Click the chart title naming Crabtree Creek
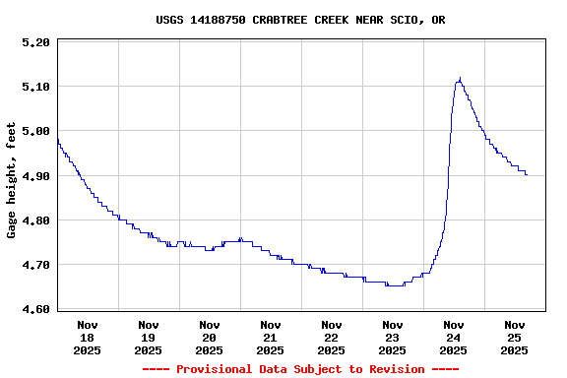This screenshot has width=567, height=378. [x=300, y=20]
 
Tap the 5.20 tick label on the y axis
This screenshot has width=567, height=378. [x=34, y=42]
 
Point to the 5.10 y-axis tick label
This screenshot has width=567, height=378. [x=34, y=87]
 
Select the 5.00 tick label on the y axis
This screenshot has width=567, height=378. [x=34, y=131]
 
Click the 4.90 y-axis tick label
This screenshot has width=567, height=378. [x=34, y=176]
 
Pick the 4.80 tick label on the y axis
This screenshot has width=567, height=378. [x=34, y=220]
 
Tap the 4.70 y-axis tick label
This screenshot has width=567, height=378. [x=34, y=265]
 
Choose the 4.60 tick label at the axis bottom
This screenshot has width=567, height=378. [x=34, y=309]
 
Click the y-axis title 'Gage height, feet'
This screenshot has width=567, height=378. [x=12, y=180]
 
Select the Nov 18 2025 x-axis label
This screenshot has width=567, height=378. [x=88, y=337]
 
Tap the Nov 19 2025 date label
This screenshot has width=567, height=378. [x=149, y=337]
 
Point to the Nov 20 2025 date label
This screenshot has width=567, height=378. [x=210, y=337]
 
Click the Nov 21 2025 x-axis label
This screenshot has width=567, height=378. [x=271, y=337]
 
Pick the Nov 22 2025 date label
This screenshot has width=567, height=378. [x=332, y=337]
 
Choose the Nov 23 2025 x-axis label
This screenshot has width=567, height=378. [x=393, y=337]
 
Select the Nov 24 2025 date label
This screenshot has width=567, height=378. [x=454, y=337]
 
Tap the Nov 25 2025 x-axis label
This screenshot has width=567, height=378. [x=515, y=337]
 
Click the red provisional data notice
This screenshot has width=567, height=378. [x=300, y=369]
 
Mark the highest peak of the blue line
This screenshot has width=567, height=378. [x=460, y=79]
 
